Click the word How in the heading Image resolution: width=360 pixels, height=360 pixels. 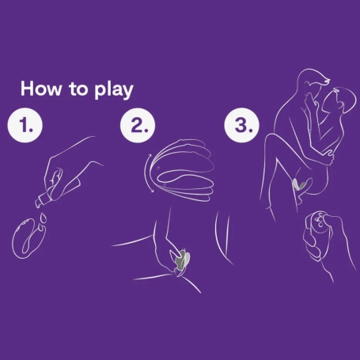tap(40, 89)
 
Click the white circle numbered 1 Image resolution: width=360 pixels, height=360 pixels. tap(25, 125)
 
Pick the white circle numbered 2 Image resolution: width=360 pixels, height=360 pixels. tap(138, 125)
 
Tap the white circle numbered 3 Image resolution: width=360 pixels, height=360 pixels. tap(242, 125)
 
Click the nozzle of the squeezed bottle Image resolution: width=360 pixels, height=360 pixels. tap(39, 203)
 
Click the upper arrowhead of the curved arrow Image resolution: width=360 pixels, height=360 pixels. tap(150, 156)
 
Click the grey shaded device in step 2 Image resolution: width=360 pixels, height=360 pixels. tap(181, 260)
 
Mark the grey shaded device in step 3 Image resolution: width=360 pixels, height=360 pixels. tap(298, 184)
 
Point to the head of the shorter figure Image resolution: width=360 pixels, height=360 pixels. tap(343, 100)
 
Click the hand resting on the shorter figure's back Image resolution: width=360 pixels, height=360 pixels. tap(328, 156)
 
